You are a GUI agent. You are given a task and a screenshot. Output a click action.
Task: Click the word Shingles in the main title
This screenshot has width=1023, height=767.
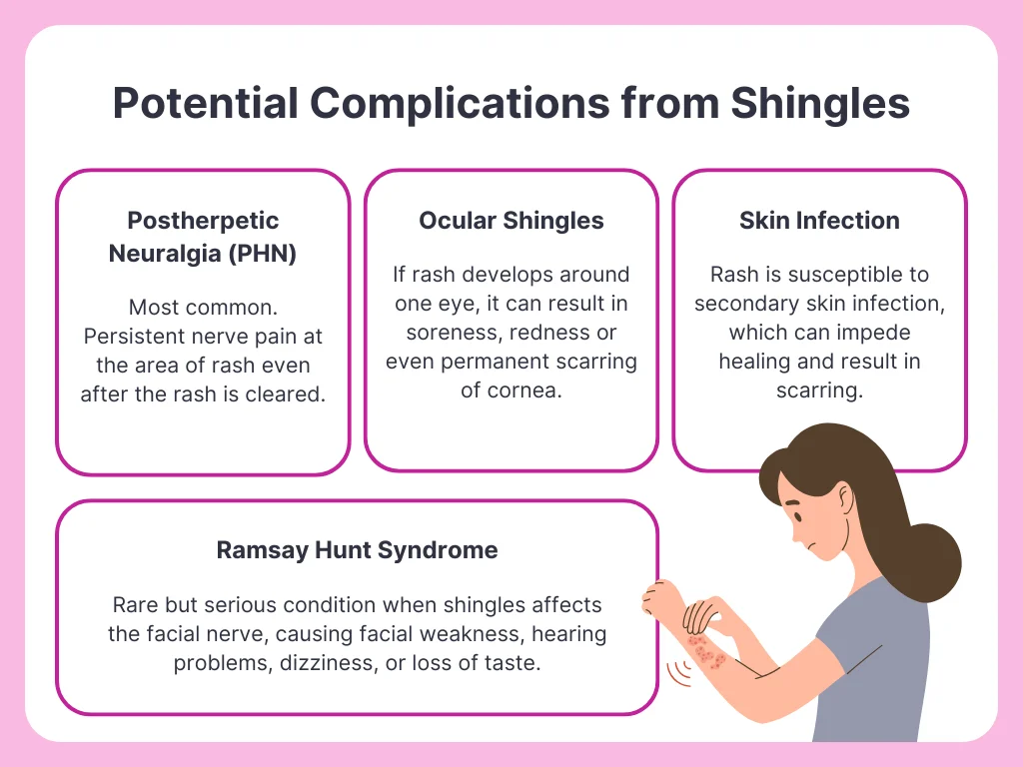click(820, 104)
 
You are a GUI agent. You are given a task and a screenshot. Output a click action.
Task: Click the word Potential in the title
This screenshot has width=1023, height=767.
click(206, 103)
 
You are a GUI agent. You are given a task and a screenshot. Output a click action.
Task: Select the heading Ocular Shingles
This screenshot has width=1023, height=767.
click(511, 221)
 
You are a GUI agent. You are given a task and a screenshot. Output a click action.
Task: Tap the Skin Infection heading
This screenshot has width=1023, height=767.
click(819, 221)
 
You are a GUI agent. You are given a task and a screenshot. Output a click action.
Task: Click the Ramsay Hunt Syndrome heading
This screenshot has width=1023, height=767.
click(357, 550)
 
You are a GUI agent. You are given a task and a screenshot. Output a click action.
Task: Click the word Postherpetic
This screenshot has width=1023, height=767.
click(203, 221)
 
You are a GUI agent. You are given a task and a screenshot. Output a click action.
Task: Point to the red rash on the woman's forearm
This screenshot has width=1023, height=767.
click(705, 651)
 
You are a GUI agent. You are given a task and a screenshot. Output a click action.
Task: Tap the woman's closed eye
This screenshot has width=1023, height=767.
click(797, 515)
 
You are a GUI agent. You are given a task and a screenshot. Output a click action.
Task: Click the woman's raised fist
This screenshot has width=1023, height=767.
click(660, 597)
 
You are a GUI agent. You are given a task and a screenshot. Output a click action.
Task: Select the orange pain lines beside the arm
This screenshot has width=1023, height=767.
click(679, 674)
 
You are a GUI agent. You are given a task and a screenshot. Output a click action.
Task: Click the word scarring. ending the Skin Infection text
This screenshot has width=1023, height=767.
click(819, 390)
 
